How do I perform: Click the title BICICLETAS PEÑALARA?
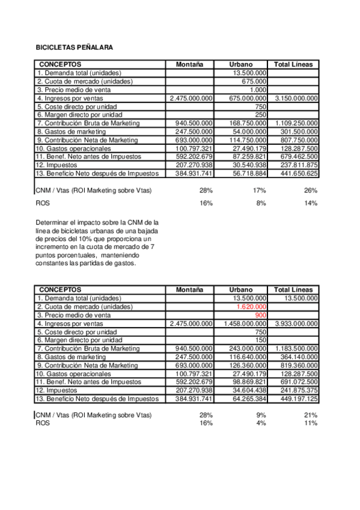coord(75,47)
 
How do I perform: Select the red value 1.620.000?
coord(252,306)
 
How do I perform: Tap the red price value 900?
coord(261,315)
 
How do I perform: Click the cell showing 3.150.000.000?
coord(296,98)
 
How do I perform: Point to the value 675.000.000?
coord(245,98)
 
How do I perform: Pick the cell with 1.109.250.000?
coord(296,123)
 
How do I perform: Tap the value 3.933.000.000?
coord(296,323)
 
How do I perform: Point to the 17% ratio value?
coord(260,190)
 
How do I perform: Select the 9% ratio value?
coord(262,415)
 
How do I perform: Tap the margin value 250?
coord(261,115)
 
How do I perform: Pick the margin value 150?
coord(261,340)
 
